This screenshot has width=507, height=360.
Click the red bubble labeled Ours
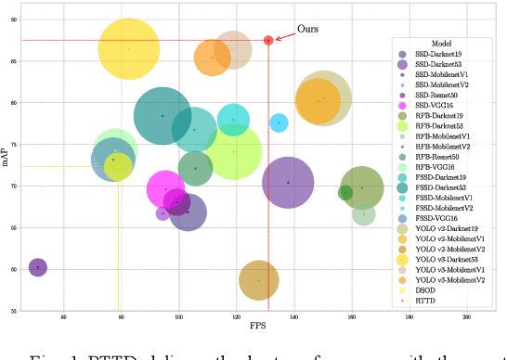click(268, 40)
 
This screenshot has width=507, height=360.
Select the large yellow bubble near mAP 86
click(129, 48)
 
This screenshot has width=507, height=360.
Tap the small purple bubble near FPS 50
click(37, 267)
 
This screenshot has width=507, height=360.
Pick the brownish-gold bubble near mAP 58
click(259, 279)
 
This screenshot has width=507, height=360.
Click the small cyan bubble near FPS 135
click(279, 122)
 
